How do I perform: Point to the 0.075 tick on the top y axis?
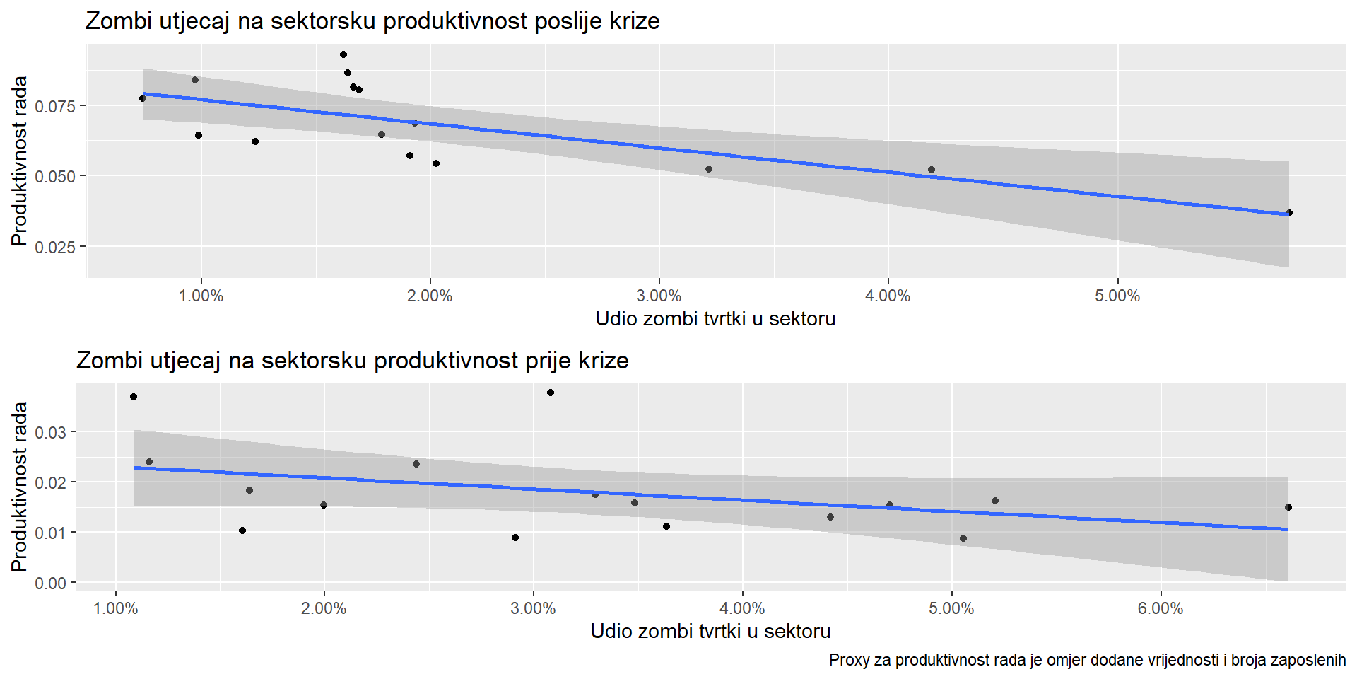click(x=54, y=106)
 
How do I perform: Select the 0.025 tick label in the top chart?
click(x=54, y=247)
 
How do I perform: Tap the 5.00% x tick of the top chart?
click(x=1117, y=296)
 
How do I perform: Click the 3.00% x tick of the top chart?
click(x=659, y=296)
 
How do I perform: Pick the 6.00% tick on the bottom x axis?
click(x=1160, y=608)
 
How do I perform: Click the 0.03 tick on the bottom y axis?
click(x=54, y=432)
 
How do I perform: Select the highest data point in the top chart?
click(x=343, y=54)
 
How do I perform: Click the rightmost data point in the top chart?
click(x=1288, y=213)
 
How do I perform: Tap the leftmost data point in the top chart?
click(x=143, y=98)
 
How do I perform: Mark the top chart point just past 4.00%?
click(x=932, y=170)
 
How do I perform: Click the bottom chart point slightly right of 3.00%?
click(x=551, y=393)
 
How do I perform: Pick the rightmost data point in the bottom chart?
click(x=1288, y=507)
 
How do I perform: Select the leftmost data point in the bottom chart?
click(x=134, y=397)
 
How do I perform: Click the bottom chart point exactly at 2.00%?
click(x=324, y=505)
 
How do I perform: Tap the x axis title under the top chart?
click(x=715, y=319)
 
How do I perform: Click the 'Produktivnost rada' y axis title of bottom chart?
click(x=19, y=487)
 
